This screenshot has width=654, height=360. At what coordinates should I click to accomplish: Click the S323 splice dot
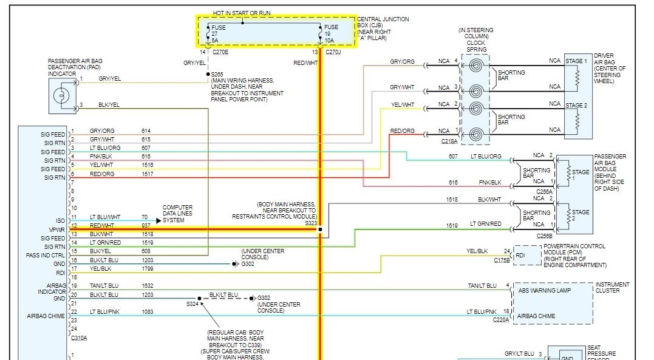[x=320, y=230]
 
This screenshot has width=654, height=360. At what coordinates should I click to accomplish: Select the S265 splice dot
[x=208, y=74]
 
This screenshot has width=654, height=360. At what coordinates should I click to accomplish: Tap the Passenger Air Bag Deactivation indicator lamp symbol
[x=61, y=96]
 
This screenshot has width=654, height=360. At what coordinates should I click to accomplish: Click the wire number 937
[x=146, y=225]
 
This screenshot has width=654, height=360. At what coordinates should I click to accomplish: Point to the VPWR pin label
[x=56, y=229]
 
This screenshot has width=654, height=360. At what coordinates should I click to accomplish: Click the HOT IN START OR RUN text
[x=242, y=13]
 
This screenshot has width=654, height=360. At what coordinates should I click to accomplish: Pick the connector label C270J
[x=333, y=53]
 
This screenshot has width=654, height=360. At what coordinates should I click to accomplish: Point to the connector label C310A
[x=79, y=338]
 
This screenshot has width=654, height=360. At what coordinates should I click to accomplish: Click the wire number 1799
[x=148, y=268]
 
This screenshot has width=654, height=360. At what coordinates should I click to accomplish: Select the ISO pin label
[x=60, y=221]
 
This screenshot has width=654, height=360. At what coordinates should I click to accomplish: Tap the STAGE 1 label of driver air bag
[x=576, y=61]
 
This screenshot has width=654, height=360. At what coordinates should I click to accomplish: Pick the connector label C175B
[x=502, y=260]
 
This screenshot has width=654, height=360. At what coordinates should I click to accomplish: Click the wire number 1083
[x=148, y=311]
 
